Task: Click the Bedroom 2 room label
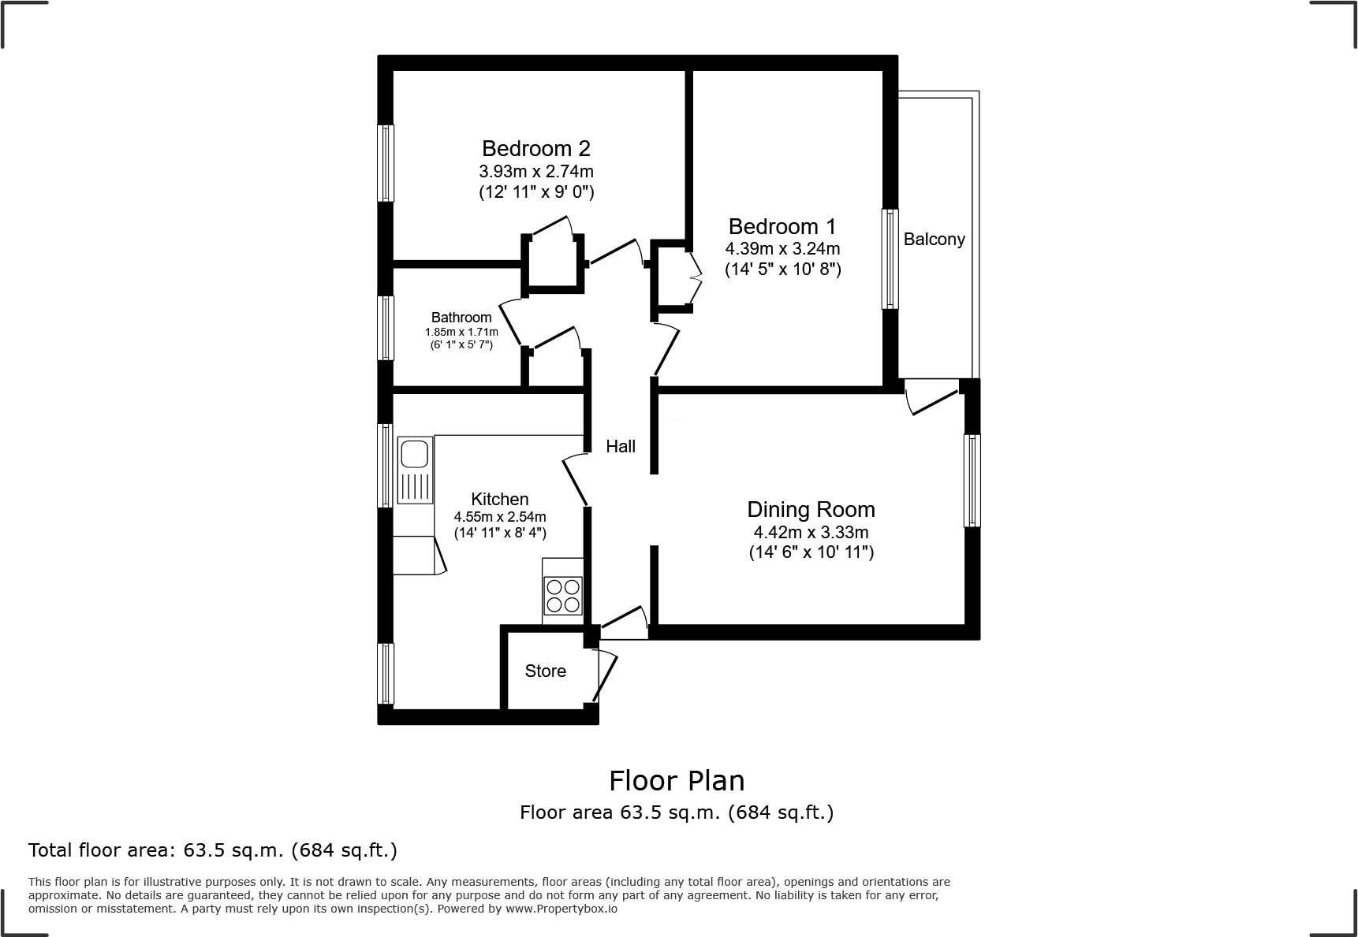[x=535, y=148]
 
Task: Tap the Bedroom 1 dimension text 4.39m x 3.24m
[x=782, y=249]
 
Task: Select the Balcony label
[x=934, y=240]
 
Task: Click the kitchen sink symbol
[x=414, y=455]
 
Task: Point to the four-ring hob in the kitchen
[x=563, y=596]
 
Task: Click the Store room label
[x=545, y=671]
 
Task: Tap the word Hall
[x=621, y=447]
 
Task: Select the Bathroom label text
[x=461, y=318]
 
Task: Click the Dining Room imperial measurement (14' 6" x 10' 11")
[x=811, y=552]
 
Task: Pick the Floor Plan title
[x=677, y=781]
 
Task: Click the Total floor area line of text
[x=213, y=850]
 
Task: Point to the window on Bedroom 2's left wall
[x=386, y=163]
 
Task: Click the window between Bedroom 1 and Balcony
[x=890, y=258]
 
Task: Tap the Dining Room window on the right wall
[x=972, y=480]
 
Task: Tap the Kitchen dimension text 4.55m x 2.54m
[x=499, y=517]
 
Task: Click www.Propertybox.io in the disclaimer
[x=561, y=909]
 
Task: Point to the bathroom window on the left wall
[x=386, y=328]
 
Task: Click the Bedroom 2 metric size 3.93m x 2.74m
[x=535, y=171]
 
